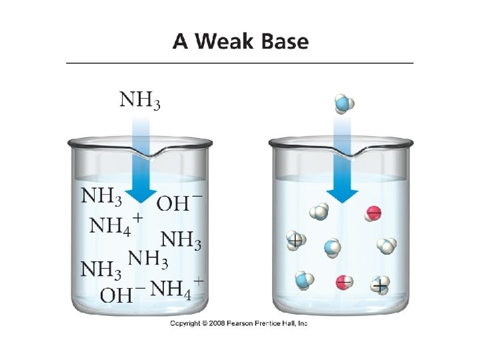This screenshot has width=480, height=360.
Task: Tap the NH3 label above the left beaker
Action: tap(139, 101)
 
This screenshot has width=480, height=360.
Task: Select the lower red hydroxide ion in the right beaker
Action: tap(344, 282)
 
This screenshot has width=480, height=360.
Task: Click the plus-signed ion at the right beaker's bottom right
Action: tap(380, 285)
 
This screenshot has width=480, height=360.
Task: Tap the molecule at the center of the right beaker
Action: tap(333, 248)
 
